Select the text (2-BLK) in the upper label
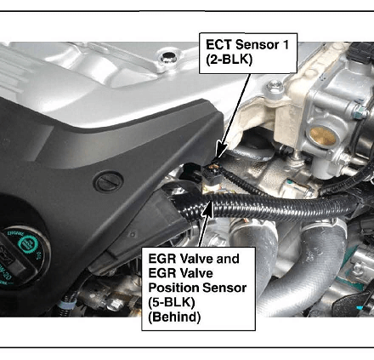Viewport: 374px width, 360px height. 229,60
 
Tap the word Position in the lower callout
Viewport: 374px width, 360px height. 172,288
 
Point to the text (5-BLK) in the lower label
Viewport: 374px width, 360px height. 172,302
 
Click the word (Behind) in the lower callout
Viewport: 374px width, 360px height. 174,317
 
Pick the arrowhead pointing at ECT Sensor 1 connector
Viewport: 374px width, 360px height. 222,150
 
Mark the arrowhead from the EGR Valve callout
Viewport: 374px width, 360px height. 208,208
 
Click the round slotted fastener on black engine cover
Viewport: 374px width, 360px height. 109,181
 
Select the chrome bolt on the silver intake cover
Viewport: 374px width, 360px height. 168,57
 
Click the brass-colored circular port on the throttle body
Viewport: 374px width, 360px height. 322,135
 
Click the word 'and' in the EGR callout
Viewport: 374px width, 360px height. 228,259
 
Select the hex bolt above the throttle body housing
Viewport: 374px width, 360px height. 275,86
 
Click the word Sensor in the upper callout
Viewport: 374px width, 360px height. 257,45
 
